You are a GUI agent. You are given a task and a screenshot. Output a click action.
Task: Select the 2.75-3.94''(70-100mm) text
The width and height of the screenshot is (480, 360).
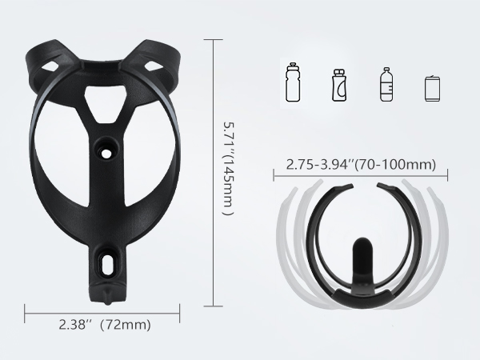click(x=360, y=166)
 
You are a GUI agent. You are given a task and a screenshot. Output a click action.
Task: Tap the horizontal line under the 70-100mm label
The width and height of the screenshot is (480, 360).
click(x=360, y=177)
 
